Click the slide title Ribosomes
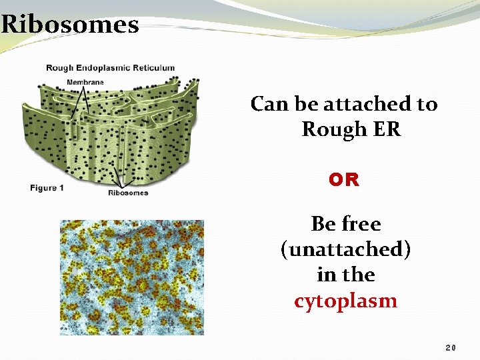coord(70,24)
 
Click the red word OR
coord(344,180)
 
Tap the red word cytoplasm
coord(345,301)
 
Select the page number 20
coord(451,348)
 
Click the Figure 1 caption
coord(47,188)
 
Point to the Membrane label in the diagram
coord(85,82)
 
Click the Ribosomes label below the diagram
coord(128,193)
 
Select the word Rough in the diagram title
coord(61,67)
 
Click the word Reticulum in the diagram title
coord(153,67)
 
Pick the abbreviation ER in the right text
coord(388,129)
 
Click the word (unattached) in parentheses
coord(345,249)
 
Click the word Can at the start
coord(269,104)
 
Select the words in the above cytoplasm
coord(345,275)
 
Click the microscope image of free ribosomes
coord(132,277)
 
